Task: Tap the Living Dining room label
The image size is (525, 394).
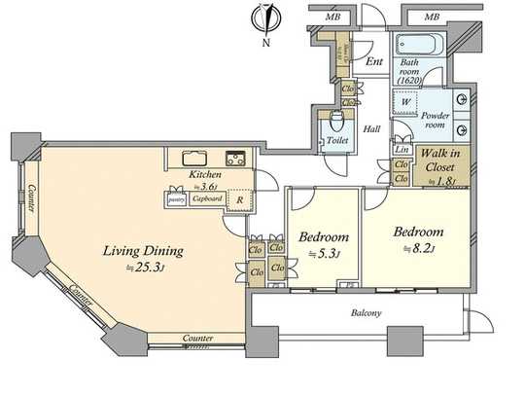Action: pyautogui.click(x=143, y=250)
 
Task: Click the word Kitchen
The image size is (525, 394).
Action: pyautogui.click(x=205, y=175)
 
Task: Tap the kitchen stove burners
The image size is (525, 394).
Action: pyautogui.click(x=235, y=158)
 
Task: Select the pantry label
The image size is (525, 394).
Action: pyautogui.click(x=176, y=198)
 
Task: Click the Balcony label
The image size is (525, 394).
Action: pyautogui.click(x=366, y=313)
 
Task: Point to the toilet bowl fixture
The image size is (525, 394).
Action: pyautogui.click(x=336, y=124)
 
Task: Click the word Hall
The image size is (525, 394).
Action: pyautogui.click(x=371, y=128)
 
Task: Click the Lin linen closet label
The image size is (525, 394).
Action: pyautogui.click(x=402, y=149)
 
